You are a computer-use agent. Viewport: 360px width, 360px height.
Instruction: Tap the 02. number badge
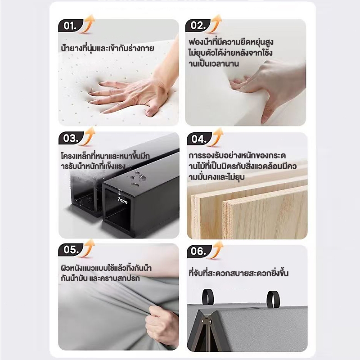click(x=197, y=25)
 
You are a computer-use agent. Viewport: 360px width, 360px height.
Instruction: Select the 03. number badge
click(x=71, y=138)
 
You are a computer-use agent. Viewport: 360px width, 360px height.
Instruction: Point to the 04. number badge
click(x=198, y=139)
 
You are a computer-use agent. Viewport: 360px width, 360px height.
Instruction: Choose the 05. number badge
click(x=71, y=250)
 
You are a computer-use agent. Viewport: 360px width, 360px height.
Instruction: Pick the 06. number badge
click(x=198, y=251)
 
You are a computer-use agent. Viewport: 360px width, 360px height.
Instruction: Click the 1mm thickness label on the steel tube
click(x=122, y=201)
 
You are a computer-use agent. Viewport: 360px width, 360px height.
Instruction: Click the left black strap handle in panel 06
click(x=208, y=297)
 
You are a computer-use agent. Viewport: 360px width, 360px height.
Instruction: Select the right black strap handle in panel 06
click(x=273, y=299)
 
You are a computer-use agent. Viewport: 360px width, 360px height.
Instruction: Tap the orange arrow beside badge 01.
click(x=88, y=24)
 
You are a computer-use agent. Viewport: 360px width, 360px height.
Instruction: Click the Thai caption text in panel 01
click(x=108, y=48)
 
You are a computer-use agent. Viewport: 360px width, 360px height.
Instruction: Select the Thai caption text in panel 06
click(x=238, y=273)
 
